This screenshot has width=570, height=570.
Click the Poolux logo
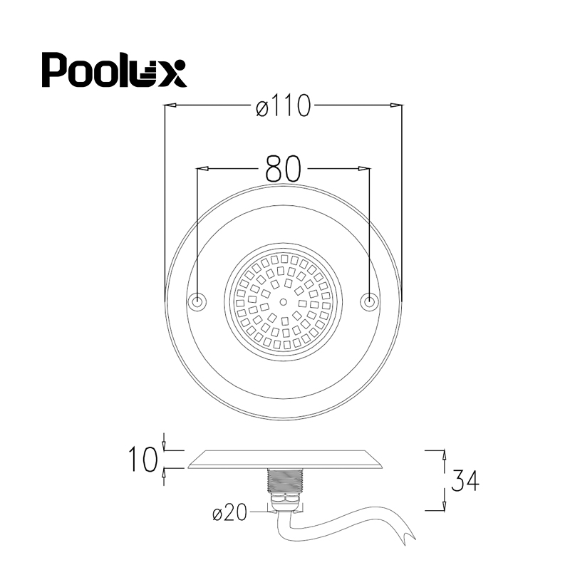[x=114, y=69]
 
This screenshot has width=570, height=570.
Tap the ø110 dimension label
[x=283, y=105]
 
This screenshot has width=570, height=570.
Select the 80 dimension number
[x=283, y=169]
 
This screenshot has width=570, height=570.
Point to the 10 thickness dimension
[x=143, y=459]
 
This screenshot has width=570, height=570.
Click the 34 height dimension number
[x=465, y=480]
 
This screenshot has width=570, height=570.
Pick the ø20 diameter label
[x=229, y=512]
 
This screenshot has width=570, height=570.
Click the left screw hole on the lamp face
[x=198, y=301]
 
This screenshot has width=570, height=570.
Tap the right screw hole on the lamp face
[x=369, y=301]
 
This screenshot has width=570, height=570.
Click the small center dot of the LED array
[x=284, y=301]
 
